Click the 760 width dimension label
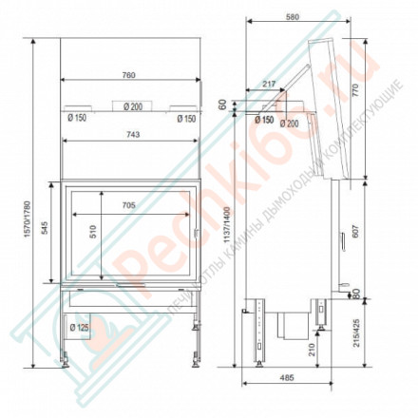coord(129,75)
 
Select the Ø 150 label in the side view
coord(264,120)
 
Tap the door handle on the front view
coord(197,231)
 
